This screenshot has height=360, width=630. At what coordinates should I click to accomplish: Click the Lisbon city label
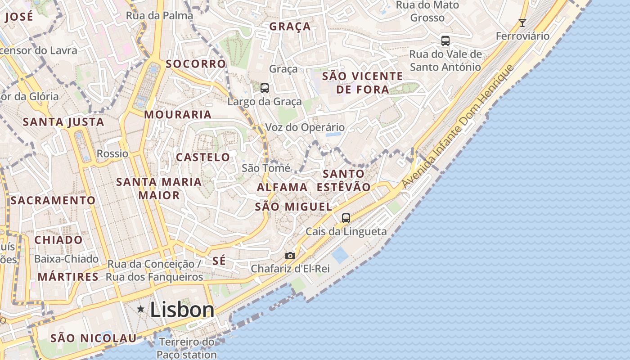coord(182,310)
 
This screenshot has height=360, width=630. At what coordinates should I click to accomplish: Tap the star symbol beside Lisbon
coord(141,309)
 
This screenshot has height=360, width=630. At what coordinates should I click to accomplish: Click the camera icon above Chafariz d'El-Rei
coord(290,256)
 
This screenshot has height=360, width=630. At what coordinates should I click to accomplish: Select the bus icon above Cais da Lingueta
coord(346,218)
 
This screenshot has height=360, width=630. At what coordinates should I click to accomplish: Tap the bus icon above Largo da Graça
coord(265,88)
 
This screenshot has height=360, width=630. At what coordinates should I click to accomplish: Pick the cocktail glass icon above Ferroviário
coord(522,23)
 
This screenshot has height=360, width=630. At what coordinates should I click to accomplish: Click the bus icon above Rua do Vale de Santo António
coord(445,41)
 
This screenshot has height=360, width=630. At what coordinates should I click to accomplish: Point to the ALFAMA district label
coord(282,187)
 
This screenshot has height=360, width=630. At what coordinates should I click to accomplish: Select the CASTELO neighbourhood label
coord(202,157)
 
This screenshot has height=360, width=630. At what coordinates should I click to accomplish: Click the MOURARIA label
coord(178,114)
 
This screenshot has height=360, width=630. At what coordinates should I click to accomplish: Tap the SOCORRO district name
coord(196,64)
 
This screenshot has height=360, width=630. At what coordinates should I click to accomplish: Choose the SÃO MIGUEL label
coord(293,207)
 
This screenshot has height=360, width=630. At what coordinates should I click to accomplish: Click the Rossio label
coord(112,153)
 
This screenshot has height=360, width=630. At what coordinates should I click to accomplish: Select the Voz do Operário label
coord(305,127)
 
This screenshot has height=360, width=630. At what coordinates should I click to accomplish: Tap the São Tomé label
coord(266,168)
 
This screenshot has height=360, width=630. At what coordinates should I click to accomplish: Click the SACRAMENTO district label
coord(53,200)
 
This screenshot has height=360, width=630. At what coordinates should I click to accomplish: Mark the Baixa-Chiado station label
coord(66,259)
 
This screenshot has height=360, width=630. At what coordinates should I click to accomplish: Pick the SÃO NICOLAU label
coord(93,338)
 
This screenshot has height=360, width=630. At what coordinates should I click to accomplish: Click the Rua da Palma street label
coord(159,16)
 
